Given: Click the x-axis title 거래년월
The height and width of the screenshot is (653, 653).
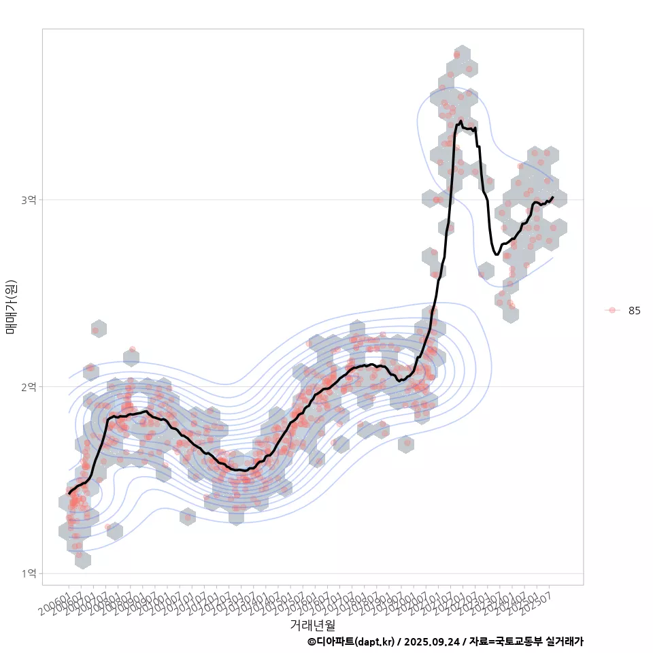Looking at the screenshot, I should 312,624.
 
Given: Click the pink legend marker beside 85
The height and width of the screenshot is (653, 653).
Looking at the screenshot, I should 612,310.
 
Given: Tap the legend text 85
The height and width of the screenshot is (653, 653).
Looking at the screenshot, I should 634,311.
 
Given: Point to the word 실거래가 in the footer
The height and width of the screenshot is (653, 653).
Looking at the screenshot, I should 563,641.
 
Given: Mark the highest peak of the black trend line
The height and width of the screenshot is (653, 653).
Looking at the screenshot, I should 461,121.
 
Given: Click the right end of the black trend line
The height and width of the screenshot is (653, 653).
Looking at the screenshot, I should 553,197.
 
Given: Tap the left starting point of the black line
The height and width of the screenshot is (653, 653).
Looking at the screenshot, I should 69,493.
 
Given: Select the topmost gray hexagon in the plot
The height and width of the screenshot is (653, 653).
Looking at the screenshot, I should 462,54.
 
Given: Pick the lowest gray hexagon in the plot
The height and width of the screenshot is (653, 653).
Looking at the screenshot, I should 82,559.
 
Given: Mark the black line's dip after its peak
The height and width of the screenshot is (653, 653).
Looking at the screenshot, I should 497,254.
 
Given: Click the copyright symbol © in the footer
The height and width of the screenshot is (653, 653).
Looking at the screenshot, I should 312,641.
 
